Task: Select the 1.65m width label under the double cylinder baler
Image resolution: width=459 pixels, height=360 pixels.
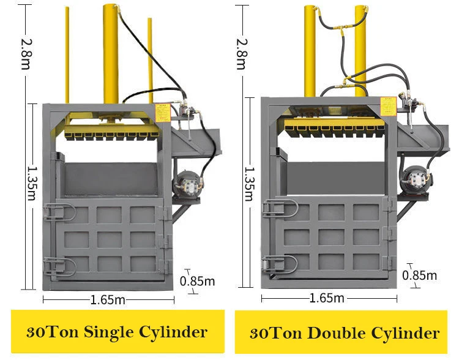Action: (x=327, y=298)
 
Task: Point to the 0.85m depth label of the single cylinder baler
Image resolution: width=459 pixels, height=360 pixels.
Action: (x=198, y=281)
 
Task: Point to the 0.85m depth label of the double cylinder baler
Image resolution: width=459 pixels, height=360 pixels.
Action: (x=420, y=275)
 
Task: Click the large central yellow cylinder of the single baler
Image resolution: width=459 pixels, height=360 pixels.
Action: (x=111, y=55)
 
